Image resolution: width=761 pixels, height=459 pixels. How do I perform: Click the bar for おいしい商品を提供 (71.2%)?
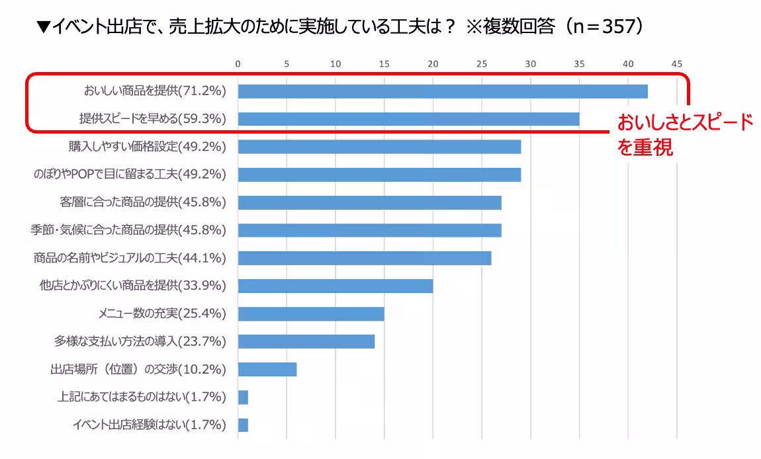tap(442, 91)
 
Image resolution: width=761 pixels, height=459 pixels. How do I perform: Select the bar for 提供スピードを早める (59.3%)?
tap(408, 119)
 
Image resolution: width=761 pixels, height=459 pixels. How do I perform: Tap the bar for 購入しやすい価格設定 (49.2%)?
tap(379, 147)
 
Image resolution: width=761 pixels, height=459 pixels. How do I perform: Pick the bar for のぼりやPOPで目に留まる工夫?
tap(379, 175)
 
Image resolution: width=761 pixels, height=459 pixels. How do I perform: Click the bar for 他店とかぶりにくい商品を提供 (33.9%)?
tap(335, 286)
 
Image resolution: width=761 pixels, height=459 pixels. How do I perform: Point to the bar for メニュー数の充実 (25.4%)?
tap(311, 313)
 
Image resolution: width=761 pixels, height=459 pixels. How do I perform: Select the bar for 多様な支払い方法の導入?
tap(306, 341)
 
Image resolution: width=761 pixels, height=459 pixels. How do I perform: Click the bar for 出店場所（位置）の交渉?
tap(267, 369)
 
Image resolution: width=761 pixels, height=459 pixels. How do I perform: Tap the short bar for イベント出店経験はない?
tap(243, 425)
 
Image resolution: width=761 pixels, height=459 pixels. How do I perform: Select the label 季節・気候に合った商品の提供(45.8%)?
tap(129, 230)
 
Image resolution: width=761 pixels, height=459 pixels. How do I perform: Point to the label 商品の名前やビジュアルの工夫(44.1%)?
tap(130, 258)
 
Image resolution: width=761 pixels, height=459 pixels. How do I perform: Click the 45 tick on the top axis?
tap(676, 64)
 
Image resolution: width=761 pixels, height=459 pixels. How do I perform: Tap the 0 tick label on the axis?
tap(238, 64)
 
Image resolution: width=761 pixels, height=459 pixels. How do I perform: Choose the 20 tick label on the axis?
tap(433, 64)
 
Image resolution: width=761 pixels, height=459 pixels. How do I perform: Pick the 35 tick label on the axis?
tap(579, 64)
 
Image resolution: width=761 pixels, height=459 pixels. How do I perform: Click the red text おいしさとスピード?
tap(685, 123)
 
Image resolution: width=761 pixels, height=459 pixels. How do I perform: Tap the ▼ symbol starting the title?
tap(44, 27)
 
